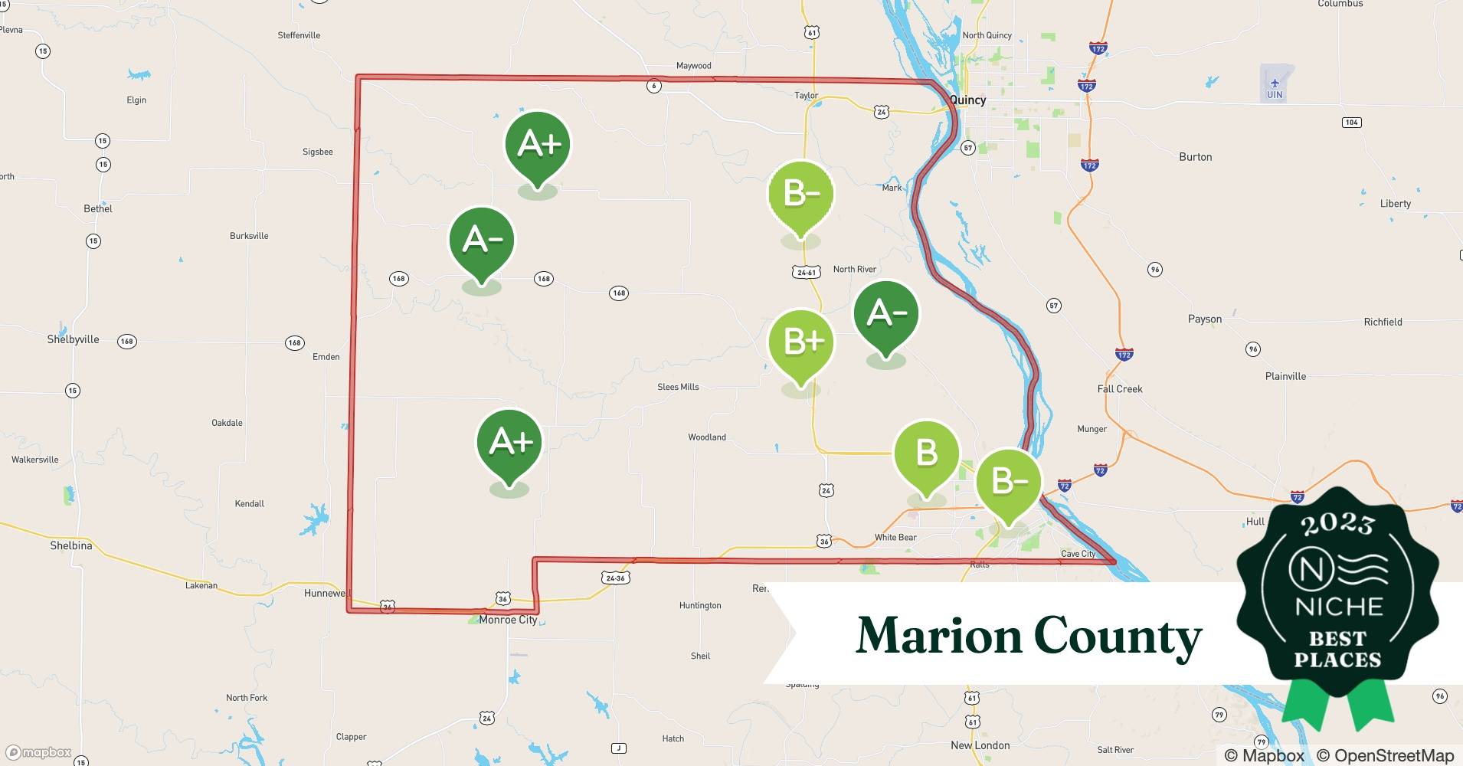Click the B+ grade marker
pyautogui.click(x=801, y=342)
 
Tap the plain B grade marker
pyautogui.click(x=927, y=453)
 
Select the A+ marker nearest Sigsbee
pyautogui.click(x=538, y=145)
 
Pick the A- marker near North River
pyautogui.click(x=886, y=314)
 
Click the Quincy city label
pyautogui.click(x=967, y=100)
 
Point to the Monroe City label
pyautogui.click(x=508, y=620)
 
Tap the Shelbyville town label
pyautogui.click(x=74, y=339)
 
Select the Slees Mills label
pyautogui.click(x=678, y=387)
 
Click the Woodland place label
pyautogui.click(x=706, y=437)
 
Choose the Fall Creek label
pyautogui.click(x=1119, y=389)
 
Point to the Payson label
pyautogui.click(x=1204, y=319)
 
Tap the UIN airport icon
pyautogui.click(x=1275, y=83)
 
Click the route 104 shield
pyautogui.click(x=1351, y=123)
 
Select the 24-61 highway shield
pyautogui.click(x=807, y=272)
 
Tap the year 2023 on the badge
pyautogui.click(x=1337, y=524)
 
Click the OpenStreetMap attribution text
pyautogui.click(x=1385, y=755)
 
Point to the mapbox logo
pyautogui.click(x=38, y=752)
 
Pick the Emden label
pyautogui.click(x=326, y=357)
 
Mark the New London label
pyautogui.click(x=980, y=745)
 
